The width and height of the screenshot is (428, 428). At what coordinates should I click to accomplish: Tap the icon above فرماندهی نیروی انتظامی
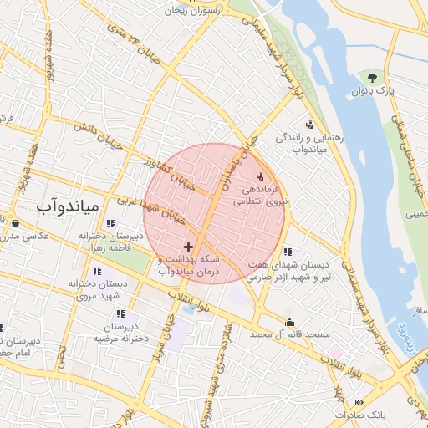click(260, 176)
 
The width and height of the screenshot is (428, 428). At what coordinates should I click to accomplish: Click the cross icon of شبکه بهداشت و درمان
click(188, 247)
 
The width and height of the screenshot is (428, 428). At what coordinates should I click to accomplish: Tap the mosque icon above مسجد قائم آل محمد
click(289, 322)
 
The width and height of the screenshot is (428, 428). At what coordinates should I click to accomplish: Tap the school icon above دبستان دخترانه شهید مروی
click(98, 271)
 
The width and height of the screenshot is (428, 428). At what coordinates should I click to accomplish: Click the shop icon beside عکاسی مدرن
click(16, 223)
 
